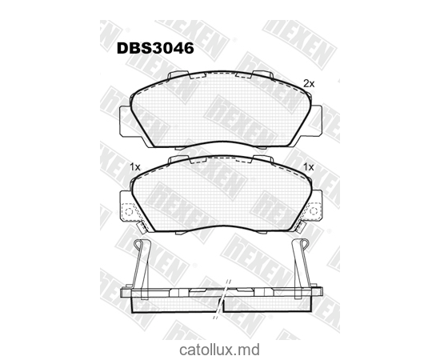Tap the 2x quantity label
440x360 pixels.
310,83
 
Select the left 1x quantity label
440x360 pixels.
134,166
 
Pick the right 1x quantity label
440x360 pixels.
308,166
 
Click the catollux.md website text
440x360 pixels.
219,350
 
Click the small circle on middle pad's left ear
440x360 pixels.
125,214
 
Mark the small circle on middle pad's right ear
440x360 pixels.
318,214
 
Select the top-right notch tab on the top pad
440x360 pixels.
263,77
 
